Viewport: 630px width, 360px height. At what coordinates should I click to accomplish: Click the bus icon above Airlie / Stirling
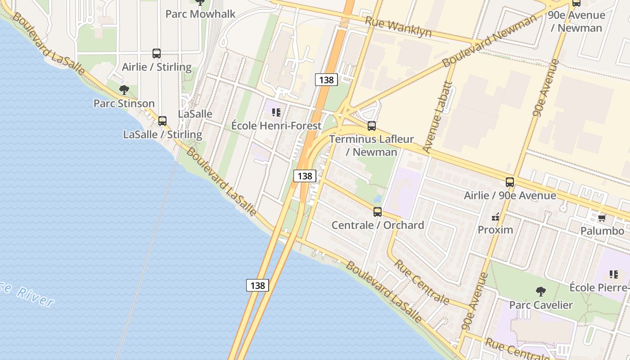(x=156, y=54)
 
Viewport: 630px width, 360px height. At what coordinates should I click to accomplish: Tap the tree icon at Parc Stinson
(x=124, y=90)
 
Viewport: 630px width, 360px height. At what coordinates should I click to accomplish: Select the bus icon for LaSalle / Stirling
(x=162, y=121)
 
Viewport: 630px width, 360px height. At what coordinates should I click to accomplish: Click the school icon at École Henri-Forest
(x=276, y=112)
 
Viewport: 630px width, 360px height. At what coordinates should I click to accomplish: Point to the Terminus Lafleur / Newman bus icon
(x=372, y=126)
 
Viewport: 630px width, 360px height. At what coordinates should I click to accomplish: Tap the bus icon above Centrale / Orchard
(x=378, y=212)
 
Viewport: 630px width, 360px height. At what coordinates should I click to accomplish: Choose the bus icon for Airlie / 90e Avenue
(x=510, y=182)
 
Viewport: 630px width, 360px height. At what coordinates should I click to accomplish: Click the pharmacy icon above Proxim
(x=495, y=217)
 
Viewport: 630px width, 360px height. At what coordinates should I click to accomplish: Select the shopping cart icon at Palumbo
(x=602, y=218)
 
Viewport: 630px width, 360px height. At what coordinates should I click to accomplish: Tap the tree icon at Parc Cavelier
(x=541, y=292)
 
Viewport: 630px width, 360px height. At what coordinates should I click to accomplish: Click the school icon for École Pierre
(x=613, y=274)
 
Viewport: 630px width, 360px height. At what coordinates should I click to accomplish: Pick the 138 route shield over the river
(x=257, y=285)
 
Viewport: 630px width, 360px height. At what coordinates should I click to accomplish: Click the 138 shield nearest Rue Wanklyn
(x=326, y=80)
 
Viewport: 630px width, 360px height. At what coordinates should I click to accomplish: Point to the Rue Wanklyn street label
(x=398, y=27)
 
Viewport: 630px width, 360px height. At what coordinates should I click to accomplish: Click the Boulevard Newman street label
(x=490, y=41)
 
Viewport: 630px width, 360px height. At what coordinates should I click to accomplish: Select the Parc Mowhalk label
(x=200, y=14)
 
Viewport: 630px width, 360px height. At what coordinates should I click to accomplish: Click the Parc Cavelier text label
(x=541, y=305)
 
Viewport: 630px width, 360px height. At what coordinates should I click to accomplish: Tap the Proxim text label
(x=495, y=230)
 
